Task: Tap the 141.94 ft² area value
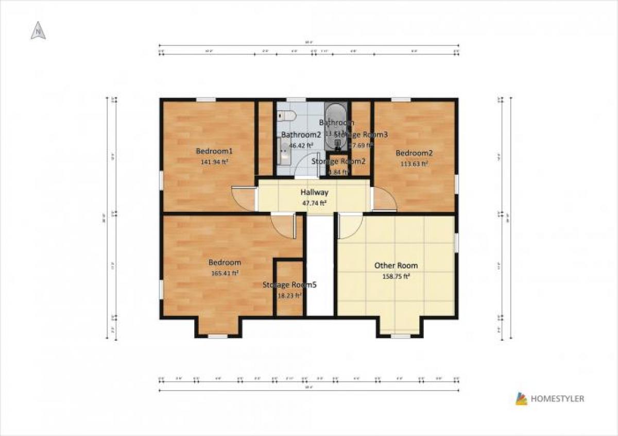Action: [x=214, y=161]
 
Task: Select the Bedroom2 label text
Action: [x=414, y=153]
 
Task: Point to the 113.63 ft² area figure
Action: [x=414, y=164]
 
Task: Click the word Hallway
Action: [x=314, y=192]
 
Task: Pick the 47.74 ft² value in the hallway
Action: [x=314, y=203]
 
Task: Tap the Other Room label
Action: [x=396, y=265]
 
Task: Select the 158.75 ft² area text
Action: [x=396, y=276]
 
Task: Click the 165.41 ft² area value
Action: [x=225, y=273]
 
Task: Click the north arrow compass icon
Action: [x=38, y=31]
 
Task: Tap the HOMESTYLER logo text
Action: [x=557, y=398]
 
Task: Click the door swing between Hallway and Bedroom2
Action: [x=383, y=199]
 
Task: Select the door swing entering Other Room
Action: [x=350, y=227]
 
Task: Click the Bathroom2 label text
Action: [x=301, y=135]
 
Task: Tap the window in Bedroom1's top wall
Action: [x=205, y=99]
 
